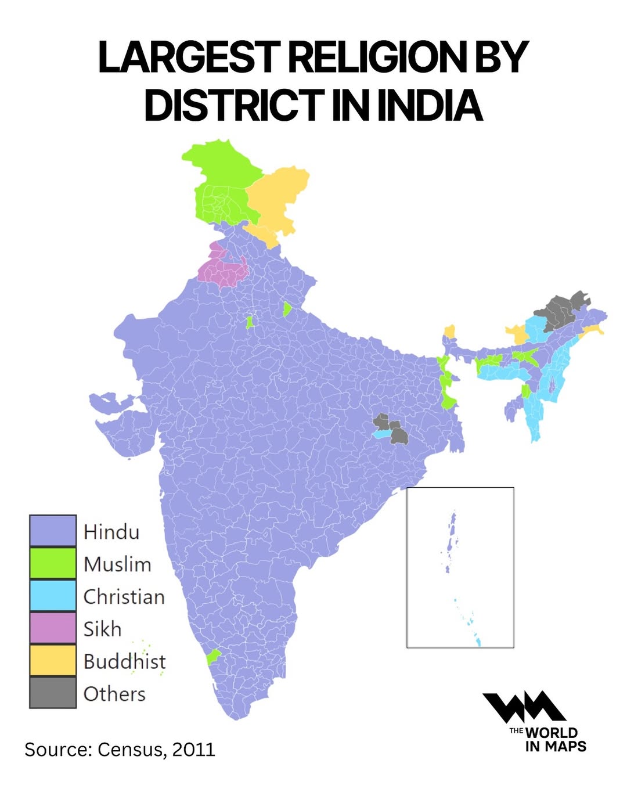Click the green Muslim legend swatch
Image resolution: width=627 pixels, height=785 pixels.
click(53, 563)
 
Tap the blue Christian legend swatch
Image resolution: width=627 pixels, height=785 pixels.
click(53, 596)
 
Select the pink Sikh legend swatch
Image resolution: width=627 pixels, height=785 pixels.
click(53, 628)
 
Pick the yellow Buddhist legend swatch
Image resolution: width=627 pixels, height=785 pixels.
click(53, 661)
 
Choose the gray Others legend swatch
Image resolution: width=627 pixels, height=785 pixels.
click(53, 693)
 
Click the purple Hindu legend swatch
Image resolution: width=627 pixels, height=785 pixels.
click(53, 531)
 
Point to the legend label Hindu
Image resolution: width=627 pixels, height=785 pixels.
click(111, 532)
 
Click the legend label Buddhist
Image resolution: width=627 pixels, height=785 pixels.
click(124, 661)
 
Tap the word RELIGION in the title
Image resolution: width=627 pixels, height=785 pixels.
click(377, 57)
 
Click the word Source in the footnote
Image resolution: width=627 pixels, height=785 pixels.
click(57, 749)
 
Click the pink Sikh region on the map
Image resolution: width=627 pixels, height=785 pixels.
click(224, 270)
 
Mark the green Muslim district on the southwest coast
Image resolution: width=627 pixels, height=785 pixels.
click(213, 657)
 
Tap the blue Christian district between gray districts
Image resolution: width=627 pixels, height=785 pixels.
click(381, 434)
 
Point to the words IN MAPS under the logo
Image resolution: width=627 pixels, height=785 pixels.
click(556, 747)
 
